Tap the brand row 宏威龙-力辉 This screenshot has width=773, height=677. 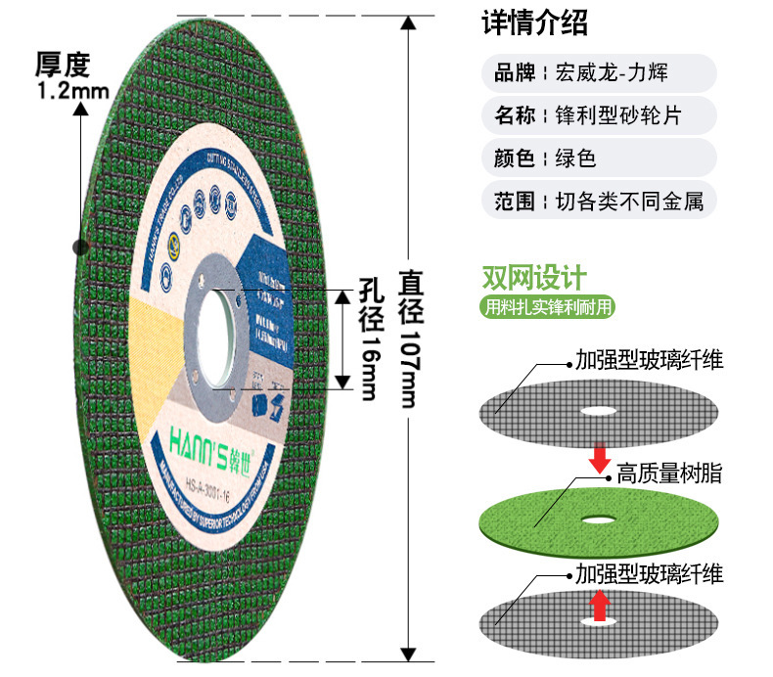(x=600, y=73)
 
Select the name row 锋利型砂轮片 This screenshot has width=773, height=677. (x=600, y=116)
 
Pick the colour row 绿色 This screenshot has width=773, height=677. (x=600, y=158)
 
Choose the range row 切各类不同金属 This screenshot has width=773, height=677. (x=600, y=202)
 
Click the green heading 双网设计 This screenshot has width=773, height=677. (x=533, y=277)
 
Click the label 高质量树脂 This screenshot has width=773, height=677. (x=668, y=474)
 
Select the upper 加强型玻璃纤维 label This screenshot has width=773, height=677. (x=649, y=359)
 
